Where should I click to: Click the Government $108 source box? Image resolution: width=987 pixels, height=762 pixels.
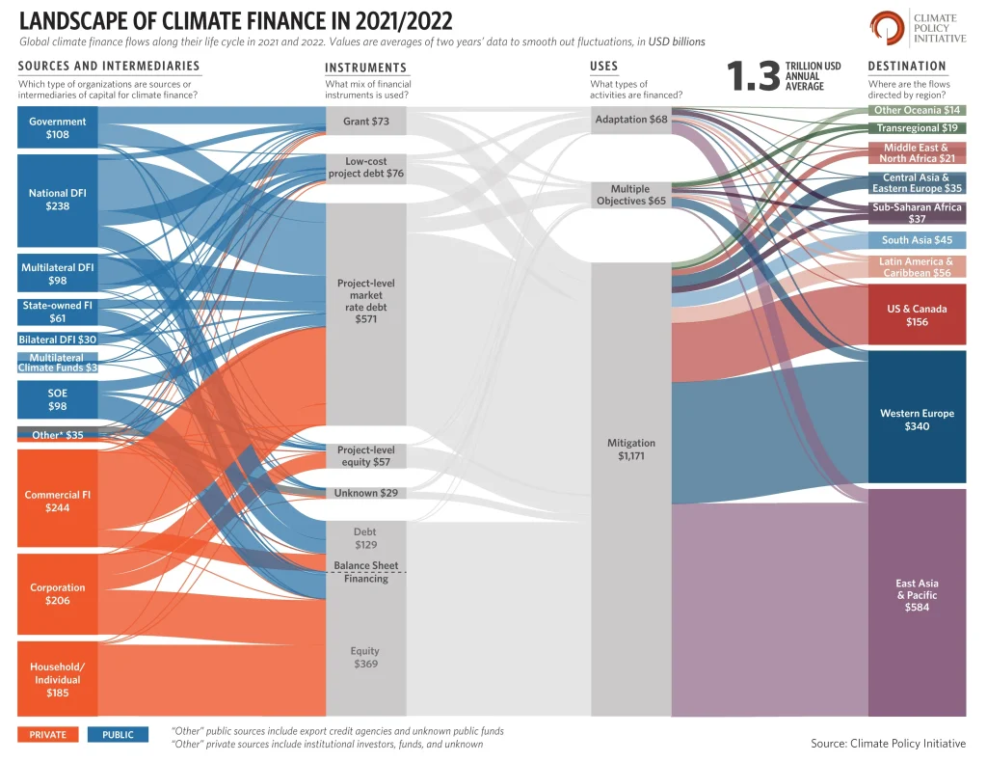coord(58,128)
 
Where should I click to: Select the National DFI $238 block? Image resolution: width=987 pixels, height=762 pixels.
coord(58,200)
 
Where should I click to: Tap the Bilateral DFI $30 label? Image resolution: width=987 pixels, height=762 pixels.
coord(58,340)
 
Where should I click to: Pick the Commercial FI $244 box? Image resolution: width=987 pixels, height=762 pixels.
coord(58,501)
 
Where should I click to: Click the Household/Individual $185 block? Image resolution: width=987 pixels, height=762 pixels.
coord(58,679)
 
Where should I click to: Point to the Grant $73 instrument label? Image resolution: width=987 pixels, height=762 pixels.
coord(366,122)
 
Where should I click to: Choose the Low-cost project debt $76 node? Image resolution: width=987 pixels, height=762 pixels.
coord(366,168)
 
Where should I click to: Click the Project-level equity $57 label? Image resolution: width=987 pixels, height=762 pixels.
coord(366,456)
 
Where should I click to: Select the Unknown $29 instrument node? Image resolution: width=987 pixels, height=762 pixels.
coord(366,493)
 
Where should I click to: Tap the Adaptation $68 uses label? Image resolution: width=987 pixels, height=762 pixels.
coord(631,120)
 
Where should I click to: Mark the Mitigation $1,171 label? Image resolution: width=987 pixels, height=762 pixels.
coord(631,449)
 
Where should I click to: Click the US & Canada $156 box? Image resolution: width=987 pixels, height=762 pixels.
coord(917,315)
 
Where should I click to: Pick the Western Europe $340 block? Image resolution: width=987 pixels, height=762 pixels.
coord(917,419)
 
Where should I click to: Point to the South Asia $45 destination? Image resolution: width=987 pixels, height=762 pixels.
coord(917,240)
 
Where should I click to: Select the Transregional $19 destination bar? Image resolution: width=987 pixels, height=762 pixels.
coord(917,128)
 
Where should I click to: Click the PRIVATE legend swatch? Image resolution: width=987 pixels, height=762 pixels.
coord(48,735)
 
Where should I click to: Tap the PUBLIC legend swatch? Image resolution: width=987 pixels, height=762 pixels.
coord(118,735)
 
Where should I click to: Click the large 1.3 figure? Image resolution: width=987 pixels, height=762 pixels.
coord(753,78)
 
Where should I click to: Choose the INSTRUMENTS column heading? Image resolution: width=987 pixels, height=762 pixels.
coord(365,68)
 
